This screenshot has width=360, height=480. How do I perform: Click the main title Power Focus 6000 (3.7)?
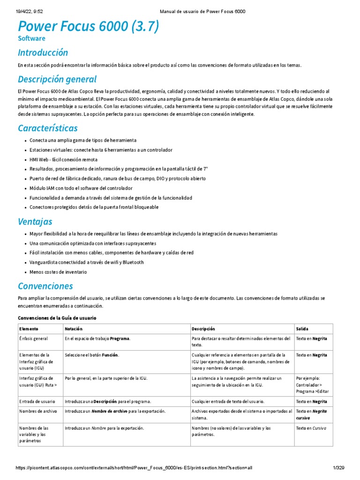(x=88, y=27)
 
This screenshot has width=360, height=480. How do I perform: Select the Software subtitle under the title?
(x=31, y=38)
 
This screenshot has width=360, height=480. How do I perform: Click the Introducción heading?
(x=43, y=52)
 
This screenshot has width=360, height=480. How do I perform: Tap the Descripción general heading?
(x=57, y=79)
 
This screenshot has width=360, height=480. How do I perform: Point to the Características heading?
(x=47, y=128)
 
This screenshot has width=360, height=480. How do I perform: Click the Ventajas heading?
(x=35, y=221)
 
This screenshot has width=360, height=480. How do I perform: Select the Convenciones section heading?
(x=45, y=285)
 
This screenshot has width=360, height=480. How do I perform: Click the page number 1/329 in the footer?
(x=338, y=469)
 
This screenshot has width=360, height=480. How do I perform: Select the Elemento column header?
(x=29, y=329)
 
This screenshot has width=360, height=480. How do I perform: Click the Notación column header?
(x=74, y=329)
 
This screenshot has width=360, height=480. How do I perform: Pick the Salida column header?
(x=303, y=329)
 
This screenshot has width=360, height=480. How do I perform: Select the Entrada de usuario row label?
(x=37, y=402)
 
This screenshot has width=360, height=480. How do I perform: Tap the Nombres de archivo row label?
(x=38, y=411)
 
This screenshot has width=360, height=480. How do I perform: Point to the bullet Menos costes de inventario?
(x=58, y=272)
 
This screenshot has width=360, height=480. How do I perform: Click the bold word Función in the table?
(x=110, y=355)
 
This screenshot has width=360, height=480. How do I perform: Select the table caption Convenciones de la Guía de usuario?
(x=57, y=318)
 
